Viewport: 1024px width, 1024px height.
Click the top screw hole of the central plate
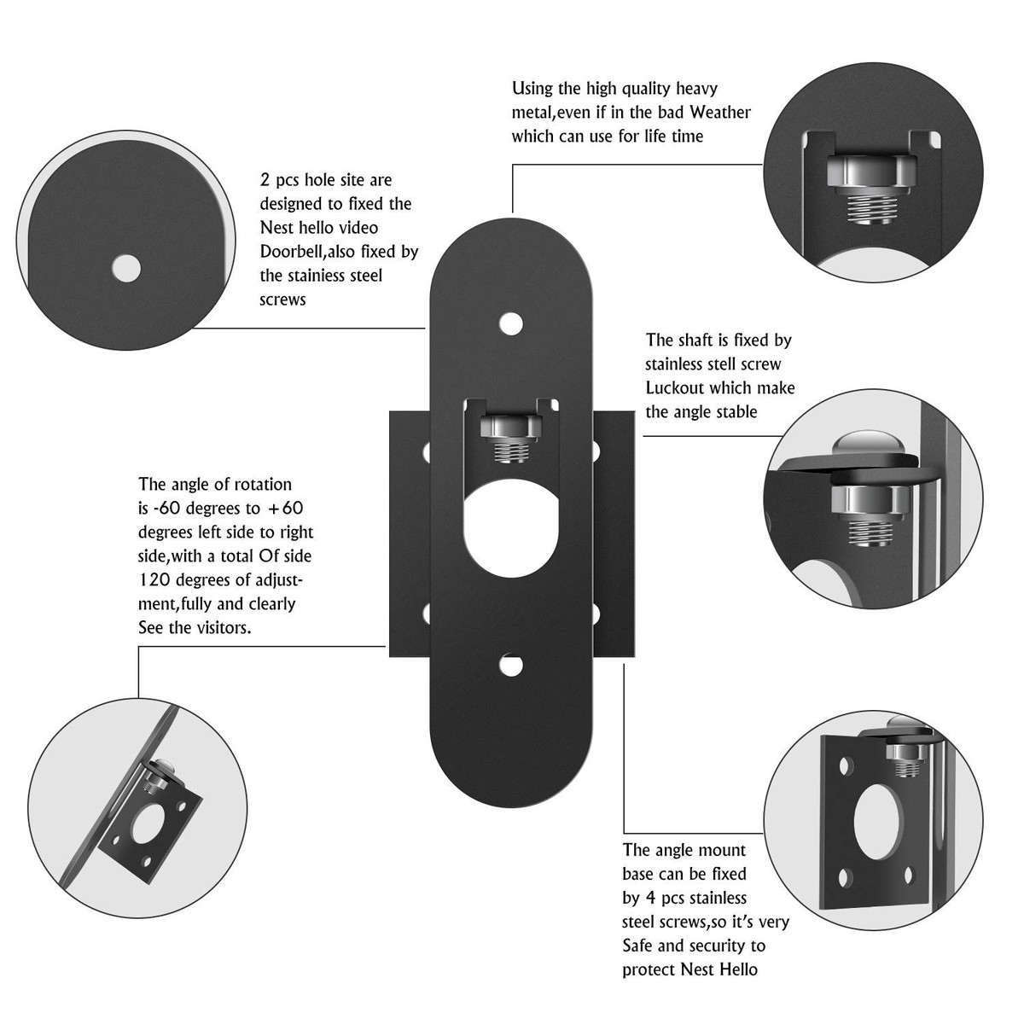(x=510, y=324)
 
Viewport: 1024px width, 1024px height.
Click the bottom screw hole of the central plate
(x=510, y=666)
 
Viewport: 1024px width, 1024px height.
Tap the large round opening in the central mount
(x=510, y=533)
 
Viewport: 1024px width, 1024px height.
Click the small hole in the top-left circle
(x=126, y=268)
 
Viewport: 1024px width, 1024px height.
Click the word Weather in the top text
(x=720, y=112)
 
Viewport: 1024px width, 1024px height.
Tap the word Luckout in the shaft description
(x=675, y=387)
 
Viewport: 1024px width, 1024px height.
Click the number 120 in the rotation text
(x=153, y=579)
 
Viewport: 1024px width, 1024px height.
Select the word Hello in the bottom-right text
(x=736, y=969)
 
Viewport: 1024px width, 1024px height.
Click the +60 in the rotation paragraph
(x=286, y=508)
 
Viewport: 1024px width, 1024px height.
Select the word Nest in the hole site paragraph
(x=276, y=228)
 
